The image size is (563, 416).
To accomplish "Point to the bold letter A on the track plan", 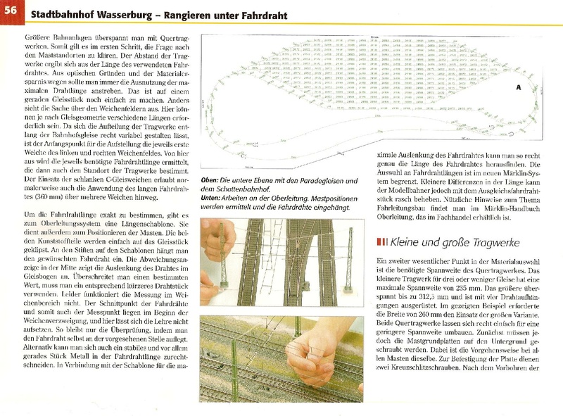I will tap(517, 88).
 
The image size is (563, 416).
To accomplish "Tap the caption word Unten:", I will tap(213, 199).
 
